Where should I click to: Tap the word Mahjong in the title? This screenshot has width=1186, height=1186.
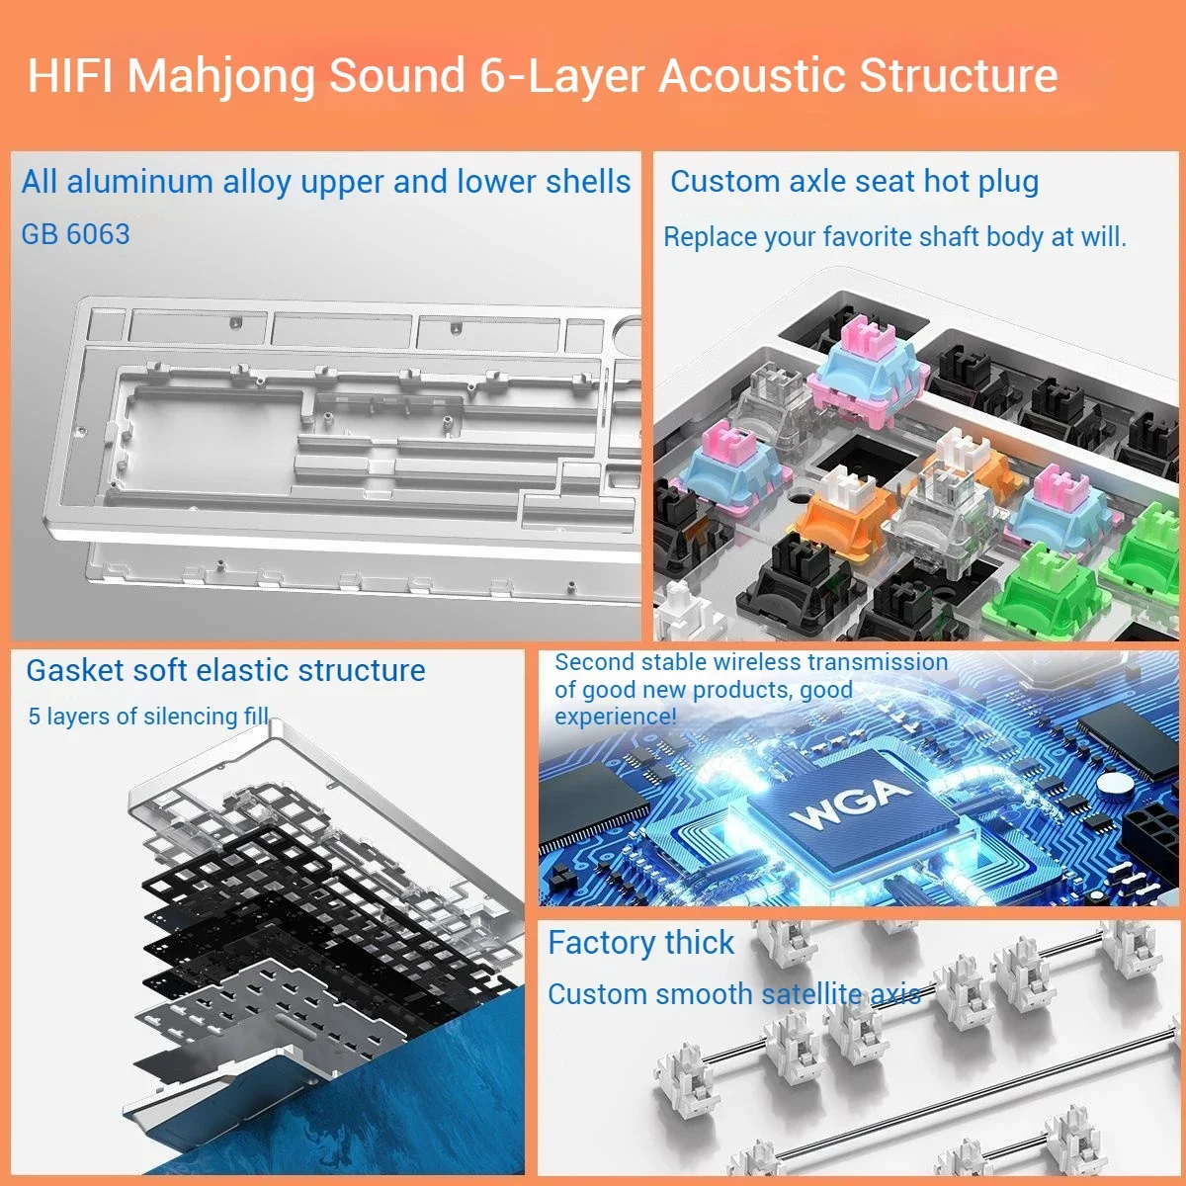221,76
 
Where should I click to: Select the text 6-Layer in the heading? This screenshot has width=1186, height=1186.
562,76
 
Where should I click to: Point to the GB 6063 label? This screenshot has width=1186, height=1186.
76,234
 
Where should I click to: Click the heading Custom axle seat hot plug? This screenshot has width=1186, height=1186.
854,182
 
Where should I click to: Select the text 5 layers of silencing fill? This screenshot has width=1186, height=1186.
148,716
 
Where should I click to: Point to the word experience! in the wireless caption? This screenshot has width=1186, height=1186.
616,716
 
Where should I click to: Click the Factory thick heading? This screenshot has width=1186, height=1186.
640,943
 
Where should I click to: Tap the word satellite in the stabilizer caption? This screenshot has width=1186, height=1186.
809,993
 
